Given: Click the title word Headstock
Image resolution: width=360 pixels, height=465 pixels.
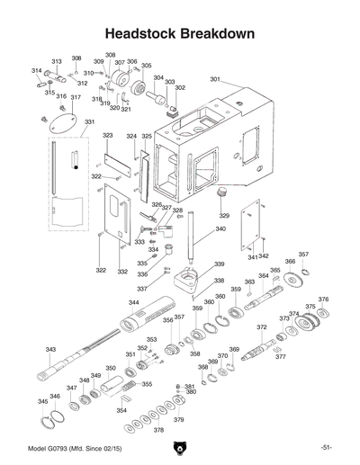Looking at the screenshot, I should [x=144, y=34].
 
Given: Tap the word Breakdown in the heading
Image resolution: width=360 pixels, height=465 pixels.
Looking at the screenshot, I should [x=218, y=34].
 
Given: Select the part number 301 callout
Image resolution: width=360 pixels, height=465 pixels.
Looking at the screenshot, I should [x=215, y=80].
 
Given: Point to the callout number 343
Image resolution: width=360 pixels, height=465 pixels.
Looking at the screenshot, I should [x=51, y=350].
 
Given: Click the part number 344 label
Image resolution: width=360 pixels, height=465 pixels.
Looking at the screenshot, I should [x=133, y=303].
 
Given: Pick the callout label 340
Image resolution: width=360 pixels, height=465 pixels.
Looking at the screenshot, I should [x=220, y=229].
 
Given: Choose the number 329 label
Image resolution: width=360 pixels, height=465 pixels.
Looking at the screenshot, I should [x=224, y=216].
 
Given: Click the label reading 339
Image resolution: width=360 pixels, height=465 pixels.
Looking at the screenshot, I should [x=219, y=264].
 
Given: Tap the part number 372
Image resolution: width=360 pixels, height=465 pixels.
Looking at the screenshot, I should [x=261, y=327].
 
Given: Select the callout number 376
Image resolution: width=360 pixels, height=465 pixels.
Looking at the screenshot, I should [x=323, y=300].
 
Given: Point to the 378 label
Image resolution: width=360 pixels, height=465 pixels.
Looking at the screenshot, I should [x=159, y=430].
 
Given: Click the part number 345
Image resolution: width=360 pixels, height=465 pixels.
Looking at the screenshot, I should [x=42, y=401].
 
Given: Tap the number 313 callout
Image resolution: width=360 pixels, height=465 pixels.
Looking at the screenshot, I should [x=56, y=61].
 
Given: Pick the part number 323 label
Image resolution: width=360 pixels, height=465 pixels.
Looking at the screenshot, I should [x=108, y=135].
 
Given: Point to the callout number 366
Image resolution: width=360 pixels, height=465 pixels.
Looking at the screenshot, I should [x=290, y=262].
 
